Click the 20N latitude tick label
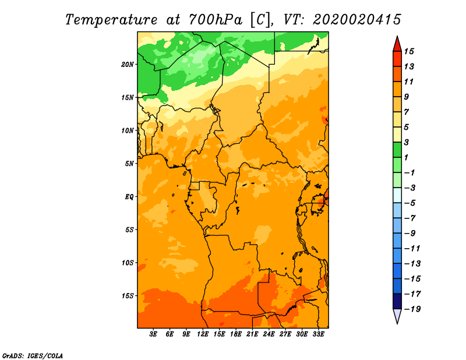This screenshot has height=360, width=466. click(x=127, y=65)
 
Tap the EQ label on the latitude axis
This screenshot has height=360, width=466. click(x=129, y=197)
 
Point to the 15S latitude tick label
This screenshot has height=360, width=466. click(x=127, y=296)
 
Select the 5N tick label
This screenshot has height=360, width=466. click(x=129, y=164)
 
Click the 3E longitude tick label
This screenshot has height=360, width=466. click(x=153, y=334)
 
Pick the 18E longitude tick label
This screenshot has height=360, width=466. click(x=236, y=334)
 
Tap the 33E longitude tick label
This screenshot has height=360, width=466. click(x=318, y=334)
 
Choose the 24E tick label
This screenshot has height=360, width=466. click(x=269, y=334)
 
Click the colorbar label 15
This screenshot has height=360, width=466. click(x=409, y=51)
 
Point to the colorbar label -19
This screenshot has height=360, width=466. click(x=412, y=309)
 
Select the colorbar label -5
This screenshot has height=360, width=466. click(x=410, y=203)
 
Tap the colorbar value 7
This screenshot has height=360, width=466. click(x=407, y=112)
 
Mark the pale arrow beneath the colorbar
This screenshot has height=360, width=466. click(x=397, y=316)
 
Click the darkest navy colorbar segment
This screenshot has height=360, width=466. click(x=397, y=301)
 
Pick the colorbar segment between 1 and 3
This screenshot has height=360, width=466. click(x=397, y=150)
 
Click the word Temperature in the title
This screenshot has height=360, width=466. click(x=111, y=20)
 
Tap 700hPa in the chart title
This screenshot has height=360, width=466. click(x=215, y=20)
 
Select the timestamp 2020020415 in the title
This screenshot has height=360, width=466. click(x=357, y=20)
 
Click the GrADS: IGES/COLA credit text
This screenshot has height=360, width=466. click(x=33, y=355)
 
